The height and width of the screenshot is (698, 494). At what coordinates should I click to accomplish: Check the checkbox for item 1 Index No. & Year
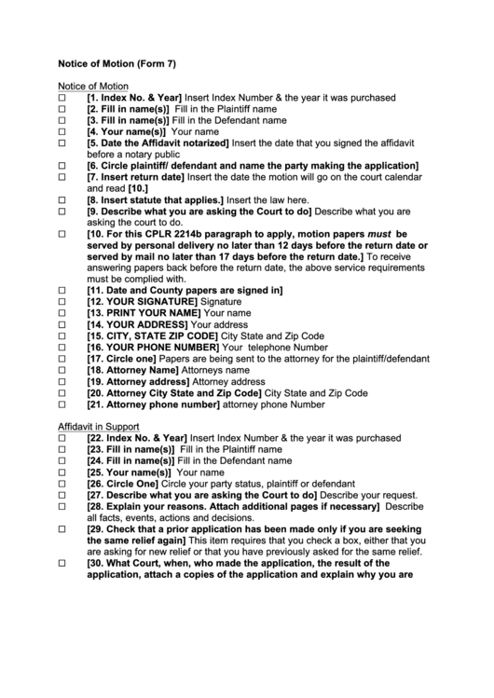coord(63,98)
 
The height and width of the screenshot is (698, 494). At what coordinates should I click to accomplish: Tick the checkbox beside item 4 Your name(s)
coord(63,131)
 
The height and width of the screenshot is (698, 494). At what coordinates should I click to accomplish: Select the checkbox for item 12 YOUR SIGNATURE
coord(63,302)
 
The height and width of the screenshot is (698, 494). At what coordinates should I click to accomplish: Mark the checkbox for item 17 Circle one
coord(63,359)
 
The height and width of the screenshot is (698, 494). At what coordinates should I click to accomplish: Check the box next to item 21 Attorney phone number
coord(63,404)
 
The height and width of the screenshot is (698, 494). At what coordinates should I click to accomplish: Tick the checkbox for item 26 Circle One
coord(63,484)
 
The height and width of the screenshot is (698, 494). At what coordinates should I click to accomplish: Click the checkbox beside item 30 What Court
coord(63,563)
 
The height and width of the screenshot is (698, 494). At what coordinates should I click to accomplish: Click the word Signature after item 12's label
coord(221,302)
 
